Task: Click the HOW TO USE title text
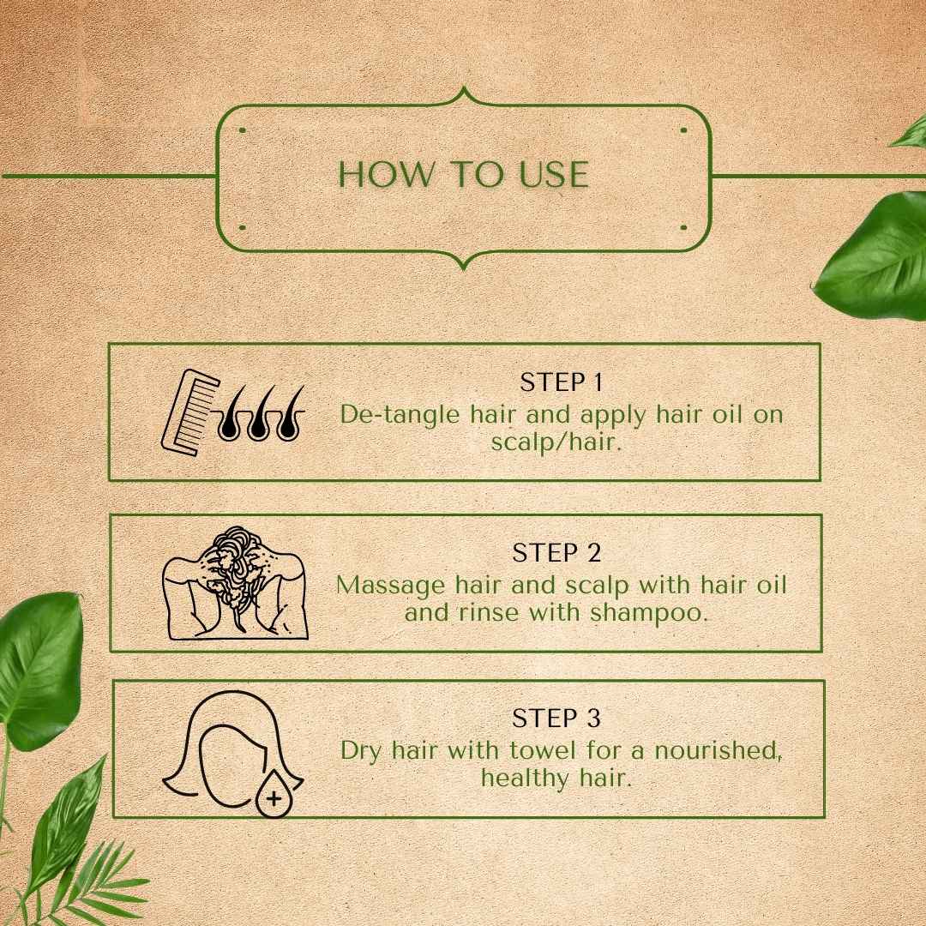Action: [463, 174]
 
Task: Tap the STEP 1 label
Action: [562, 382]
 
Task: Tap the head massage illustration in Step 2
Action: [235, 583]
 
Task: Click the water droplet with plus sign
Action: [274, 797]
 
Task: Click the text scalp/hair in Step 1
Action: [556, 442]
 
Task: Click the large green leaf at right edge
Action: [875, 257]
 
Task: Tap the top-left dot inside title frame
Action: [243, 131]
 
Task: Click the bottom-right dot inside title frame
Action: [683, 228]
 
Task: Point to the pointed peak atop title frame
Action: [463, 89]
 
